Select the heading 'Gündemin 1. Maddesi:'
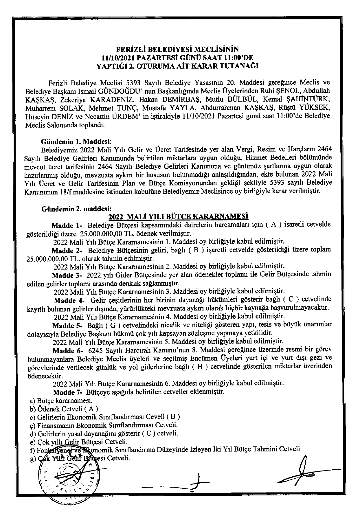(x=76, y=142)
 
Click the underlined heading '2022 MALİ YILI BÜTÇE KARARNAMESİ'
(x=179, y=216)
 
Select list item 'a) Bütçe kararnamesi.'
(x=61, y=401)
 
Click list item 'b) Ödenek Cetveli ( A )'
(x=64, y=409)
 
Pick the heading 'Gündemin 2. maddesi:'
(x=76, y=209)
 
